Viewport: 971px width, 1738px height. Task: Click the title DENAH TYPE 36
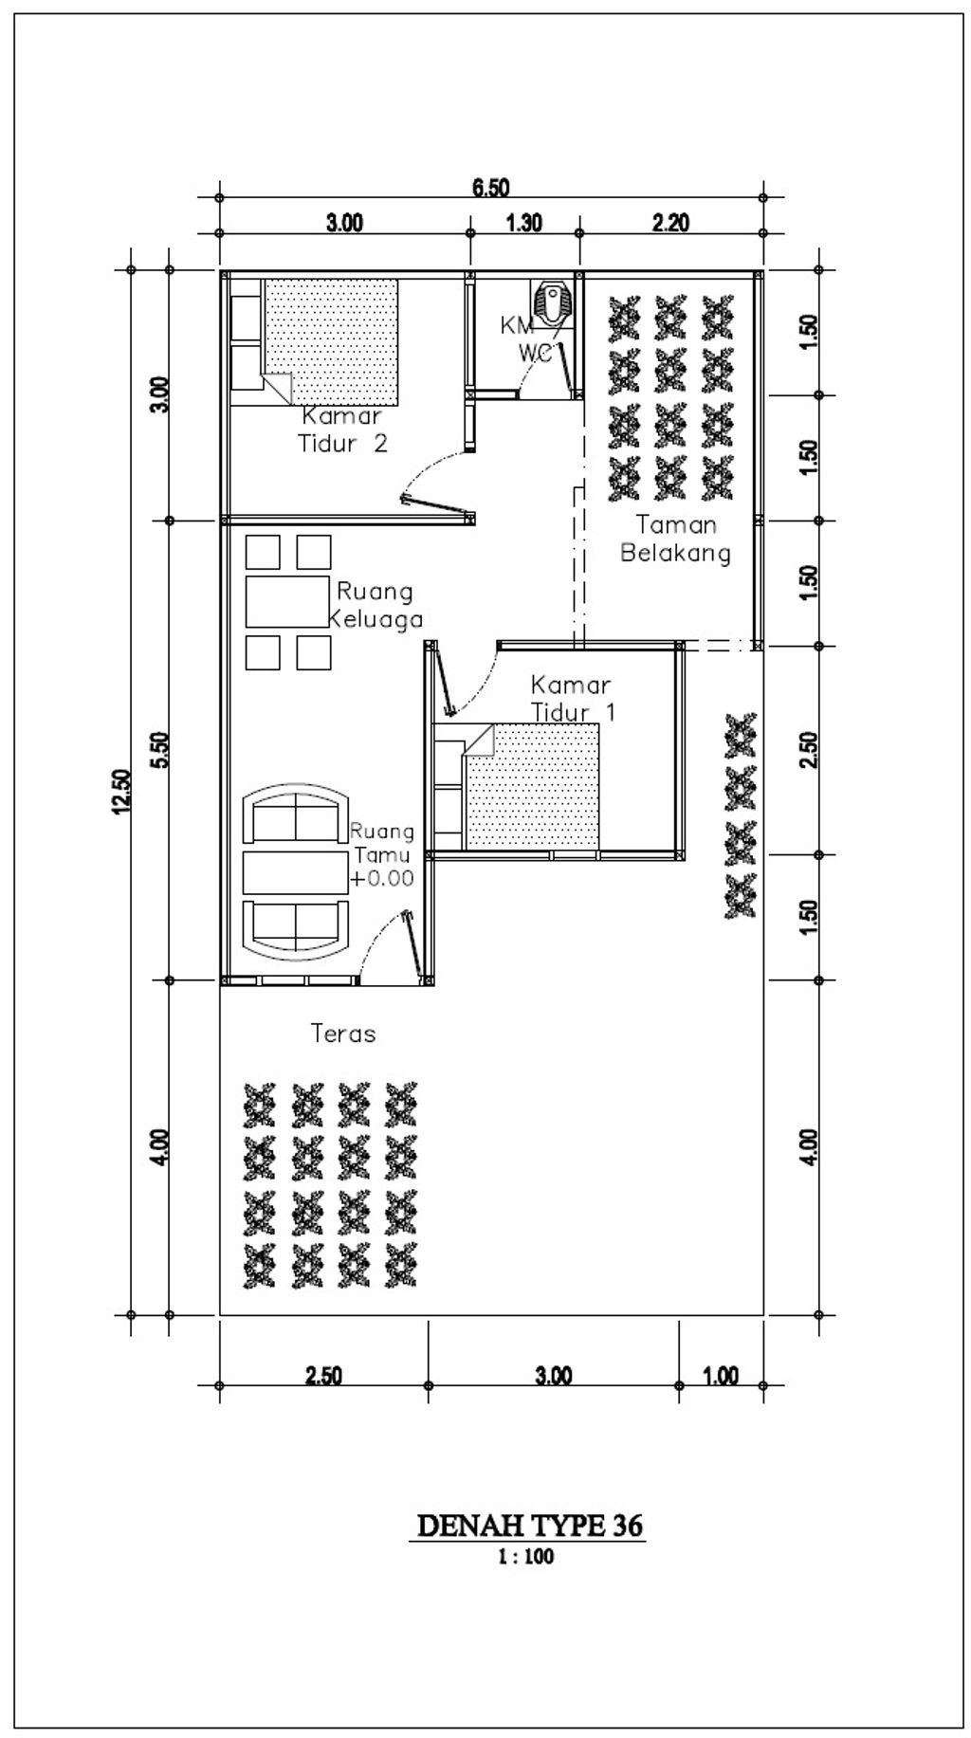530,1526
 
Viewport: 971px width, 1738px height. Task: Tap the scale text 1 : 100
526,1556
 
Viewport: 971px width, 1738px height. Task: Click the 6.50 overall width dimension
491,188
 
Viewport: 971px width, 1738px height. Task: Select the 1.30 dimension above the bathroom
524,224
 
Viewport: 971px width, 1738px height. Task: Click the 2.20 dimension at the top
670,224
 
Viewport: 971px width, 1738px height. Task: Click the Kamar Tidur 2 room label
343,430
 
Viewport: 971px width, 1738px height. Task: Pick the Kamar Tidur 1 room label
572,698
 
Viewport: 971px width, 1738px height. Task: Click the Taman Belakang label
675,539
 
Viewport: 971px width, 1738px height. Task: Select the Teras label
343,1034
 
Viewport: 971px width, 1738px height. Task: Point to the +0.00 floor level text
382,879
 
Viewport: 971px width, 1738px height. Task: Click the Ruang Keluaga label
376,605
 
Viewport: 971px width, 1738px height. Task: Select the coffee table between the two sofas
295,872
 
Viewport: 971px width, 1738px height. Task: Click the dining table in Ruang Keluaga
288,601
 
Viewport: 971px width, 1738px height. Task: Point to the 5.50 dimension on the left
160,751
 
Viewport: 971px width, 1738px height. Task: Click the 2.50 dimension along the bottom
323,1376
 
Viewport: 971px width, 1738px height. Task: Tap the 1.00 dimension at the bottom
721,1376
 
